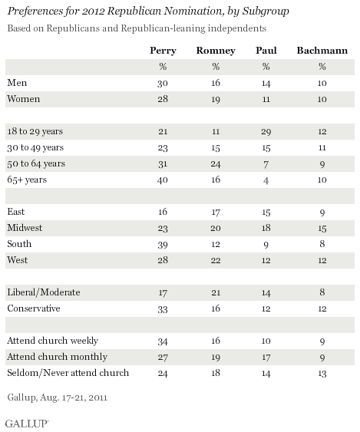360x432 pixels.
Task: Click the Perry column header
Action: (163, 51)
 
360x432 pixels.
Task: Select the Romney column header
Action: (216, 51)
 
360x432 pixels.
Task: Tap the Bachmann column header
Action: (322, 51)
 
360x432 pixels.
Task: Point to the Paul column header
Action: (266, 51)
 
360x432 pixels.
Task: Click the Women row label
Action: (24, 99)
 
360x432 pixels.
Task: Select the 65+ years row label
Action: (27, 180)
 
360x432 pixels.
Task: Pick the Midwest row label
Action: (25, 228)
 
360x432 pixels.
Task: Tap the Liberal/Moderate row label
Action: (44, 292)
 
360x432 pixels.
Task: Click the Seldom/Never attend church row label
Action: (68, 373)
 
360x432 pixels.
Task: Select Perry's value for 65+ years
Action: (163, 180)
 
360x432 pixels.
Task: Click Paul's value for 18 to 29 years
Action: (266, 132)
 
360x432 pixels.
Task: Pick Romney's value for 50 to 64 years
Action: (216, 164)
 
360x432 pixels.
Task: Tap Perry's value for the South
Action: (163, 245)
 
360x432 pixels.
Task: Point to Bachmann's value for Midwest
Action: (322, 229)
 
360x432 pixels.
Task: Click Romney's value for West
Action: (216, 260)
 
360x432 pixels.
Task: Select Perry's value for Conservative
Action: (163, 309)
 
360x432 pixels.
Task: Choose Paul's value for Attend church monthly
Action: (266, 358)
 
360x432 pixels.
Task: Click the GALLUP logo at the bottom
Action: (27, 424)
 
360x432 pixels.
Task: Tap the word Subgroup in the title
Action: (266, 12)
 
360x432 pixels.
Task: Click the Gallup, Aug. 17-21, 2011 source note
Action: (58, 397)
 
